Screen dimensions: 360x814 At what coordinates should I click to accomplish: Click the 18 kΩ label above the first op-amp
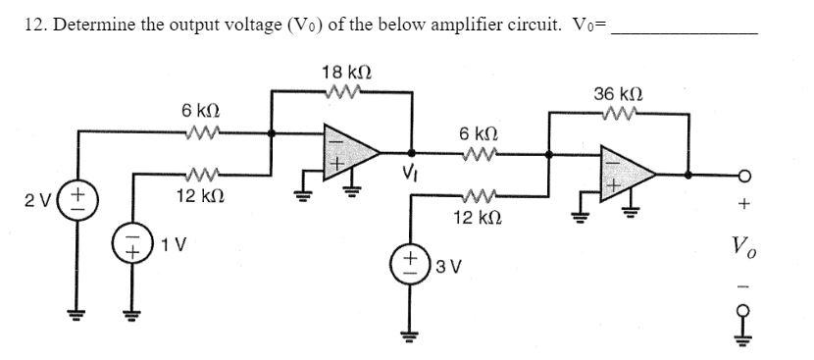(x=346, y=73)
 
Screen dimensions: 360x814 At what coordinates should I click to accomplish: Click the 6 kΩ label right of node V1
(x=478, y=133)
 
